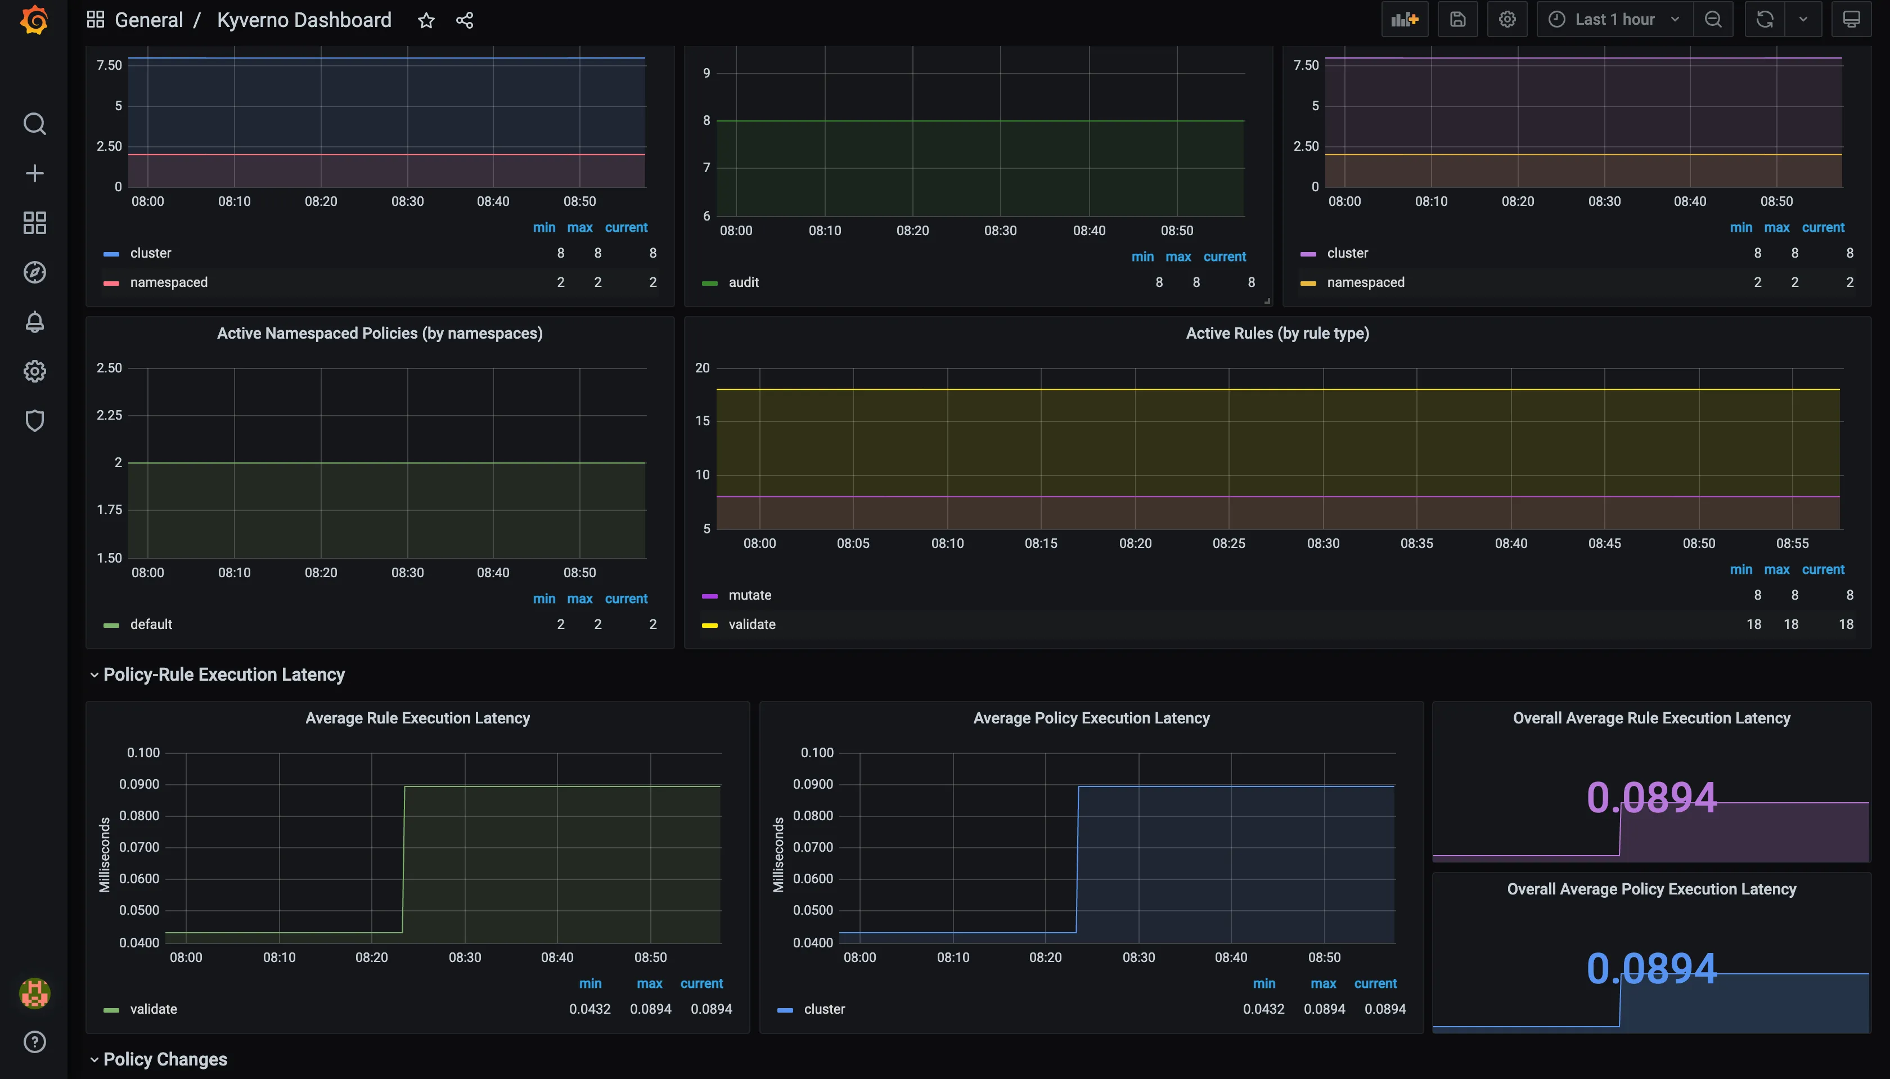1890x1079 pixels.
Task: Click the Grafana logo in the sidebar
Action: [34, 20]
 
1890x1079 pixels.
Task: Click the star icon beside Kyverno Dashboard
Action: [426, 20]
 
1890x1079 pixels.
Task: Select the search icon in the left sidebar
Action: [34, 124]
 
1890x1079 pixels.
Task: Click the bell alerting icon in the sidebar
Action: [34, 322]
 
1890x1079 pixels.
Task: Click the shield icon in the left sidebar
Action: [34, 421]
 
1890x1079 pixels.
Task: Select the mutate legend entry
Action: [749, 595]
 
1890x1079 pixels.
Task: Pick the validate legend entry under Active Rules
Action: [751, 624]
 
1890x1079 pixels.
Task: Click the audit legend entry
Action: [743, 282]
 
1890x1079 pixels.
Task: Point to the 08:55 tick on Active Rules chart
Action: [1792, 543]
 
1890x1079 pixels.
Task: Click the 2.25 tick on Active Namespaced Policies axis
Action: [109, 415]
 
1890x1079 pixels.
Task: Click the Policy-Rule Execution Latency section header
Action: [224, 675]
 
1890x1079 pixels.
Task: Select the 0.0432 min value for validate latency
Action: [589, 1009]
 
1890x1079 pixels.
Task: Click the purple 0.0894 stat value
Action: [1651, 798]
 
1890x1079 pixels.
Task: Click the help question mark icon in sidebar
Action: [34, 1042]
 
